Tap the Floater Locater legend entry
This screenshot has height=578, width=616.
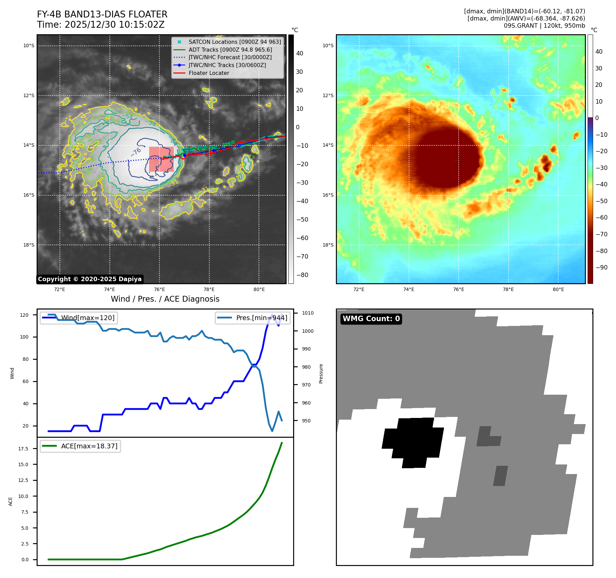(x=209, y=73)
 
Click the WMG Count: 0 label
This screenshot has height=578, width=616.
(x=371, y=319)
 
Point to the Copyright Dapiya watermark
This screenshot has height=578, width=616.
(x=90, y=279)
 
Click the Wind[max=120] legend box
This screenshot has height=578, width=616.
(x=78, y=318)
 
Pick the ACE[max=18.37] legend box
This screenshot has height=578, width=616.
(x=80, y=446)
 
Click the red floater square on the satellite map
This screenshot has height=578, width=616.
(x=161, y=159)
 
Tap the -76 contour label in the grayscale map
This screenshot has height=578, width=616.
(x=136, y=152)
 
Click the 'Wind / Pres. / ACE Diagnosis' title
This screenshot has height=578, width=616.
(x=165, y=299)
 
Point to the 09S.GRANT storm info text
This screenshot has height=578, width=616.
(x=544, y=26)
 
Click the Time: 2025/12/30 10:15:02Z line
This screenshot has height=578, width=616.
(x=101, y=25)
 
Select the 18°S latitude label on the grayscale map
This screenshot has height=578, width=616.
(x=29, y=245)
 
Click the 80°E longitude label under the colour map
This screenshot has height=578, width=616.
(x=558, y=289)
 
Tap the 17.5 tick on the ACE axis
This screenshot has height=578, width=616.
(x=23, y=448)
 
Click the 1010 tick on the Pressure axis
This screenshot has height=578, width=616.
(x=307, y=313)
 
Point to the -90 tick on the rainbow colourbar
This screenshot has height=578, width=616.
(x=601, y=267)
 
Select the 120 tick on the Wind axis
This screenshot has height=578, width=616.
(x=24, y=315)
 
